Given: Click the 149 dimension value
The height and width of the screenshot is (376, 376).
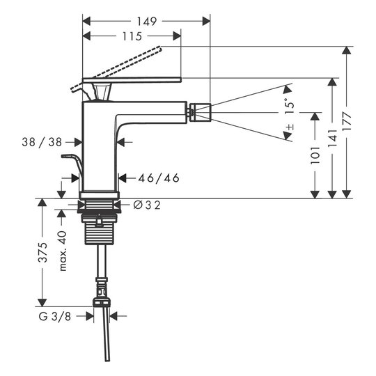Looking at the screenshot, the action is point(147,22).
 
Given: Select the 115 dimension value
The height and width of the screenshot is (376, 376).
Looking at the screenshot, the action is point(132,36).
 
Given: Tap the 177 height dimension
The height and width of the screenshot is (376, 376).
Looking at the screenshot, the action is point(347,121).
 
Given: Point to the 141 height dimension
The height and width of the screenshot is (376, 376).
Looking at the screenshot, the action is point(333,139).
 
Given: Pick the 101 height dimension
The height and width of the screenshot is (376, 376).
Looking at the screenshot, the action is point(315,155).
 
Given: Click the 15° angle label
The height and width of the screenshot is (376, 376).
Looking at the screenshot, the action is point(290,107).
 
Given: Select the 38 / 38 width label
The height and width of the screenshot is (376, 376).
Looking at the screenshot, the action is point(42,142).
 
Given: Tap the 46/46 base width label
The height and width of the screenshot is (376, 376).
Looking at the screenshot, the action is point(159,178).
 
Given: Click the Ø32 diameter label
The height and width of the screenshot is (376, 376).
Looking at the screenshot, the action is point(147,205).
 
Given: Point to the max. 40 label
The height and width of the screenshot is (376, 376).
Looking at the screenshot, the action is point(63,251).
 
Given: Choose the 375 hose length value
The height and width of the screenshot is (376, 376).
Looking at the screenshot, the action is point(43,252).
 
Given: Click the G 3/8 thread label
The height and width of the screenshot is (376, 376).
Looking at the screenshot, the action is point(55,317).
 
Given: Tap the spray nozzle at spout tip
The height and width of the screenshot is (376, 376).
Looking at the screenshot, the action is point(201,112).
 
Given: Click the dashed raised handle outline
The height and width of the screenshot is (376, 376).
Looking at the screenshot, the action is point(116,69).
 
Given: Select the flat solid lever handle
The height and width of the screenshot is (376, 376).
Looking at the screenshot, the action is point(132,80).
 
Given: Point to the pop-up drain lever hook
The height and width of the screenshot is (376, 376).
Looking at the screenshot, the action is point(72,161).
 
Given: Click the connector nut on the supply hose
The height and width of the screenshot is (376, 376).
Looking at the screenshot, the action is point(102,302).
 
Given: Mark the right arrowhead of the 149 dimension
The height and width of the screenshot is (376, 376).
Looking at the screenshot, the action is point(206,22).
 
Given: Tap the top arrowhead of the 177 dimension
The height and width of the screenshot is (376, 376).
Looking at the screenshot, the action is point(347,50).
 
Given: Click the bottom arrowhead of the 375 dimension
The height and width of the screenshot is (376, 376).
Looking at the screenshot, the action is point(42,302).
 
